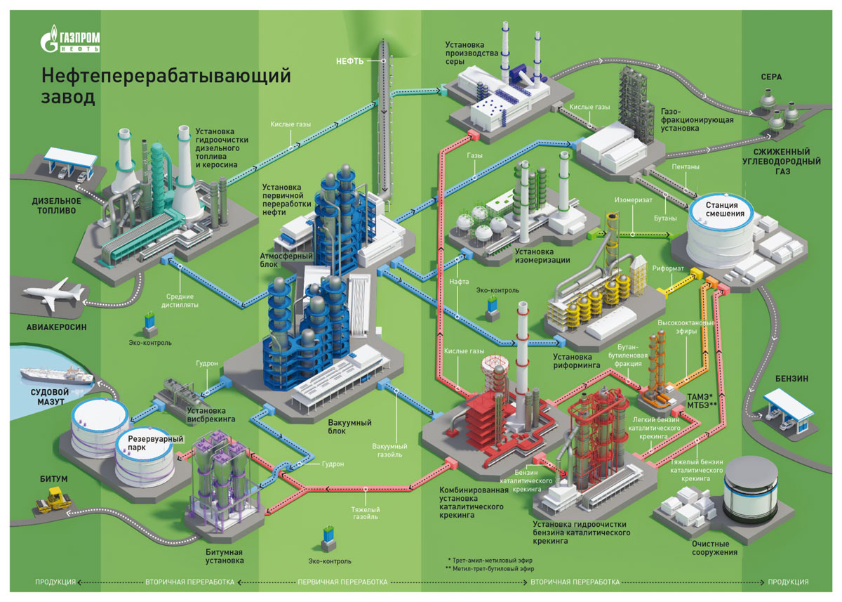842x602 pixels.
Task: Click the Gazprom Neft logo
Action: click(x=71, y=39)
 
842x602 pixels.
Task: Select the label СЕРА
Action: click(x=774, y=76)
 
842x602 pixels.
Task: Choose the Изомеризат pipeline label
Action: click(x=629, y=199)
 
